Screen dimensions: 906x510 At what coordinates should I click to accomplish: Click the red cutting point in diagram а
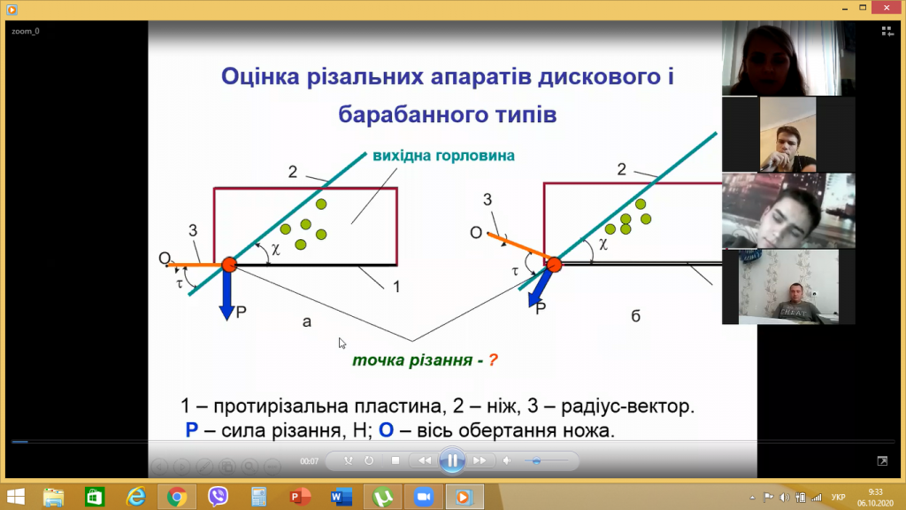[229, 265]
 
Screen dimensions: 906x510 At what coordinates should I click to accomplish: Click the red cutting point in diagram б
[554, 265]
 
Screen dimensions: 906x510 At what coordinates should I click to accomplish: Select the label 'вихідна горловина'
[443, 156]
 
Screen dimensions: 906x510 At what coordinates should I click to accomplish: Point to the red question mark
[493, 360]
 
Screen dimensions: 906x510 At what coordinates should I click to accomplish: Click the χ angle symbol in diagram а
[276, 249]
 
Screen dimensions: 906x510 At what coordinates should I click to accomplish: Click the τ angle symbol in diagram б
[515, 271]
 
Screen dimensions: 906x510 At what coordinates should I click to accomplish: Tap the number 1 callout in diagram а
[396, 287]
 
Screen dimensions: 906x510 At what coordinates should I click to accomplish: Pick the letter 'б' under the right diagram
[635, 316]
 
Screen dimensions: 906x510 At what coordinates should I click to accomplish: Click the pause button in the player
[452, 460]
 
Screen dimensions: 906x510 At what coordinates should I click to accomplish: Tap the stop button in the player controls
[395, 460]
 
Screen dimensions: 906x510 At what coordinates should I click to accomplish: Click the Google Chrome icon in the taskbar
[177, 497]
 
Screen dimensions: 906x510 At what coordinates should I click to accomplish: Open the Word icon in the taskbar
[341, 497]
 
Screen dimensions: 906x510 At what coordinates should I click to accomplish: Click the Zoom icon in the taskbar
[424, 497]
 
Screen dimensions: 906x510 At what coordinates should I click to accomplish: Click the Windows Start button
[16, 497]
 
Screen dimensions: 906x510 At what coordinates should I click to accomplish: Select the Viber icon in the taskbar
[218, 497]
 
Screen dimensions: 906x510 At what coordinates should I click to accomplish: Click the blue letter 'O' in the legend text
[386, 430]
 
